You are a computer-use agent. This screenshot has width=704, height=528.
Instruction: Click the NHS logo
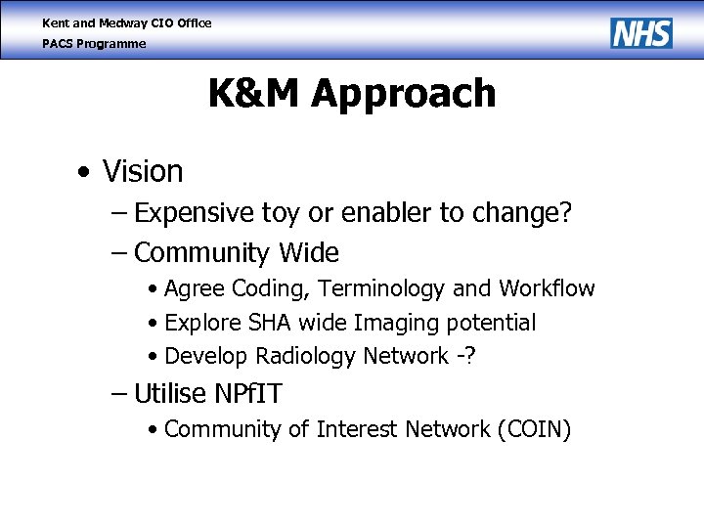click(x=641, y=32)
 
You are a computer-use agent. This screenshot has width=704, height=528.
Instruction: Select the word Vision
click(x=143, y=172)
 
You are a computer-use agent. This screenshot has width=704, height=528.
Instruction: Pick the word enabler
click(x=374, y=213)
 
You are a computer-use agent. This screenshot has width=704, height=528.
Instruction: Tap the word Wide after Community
click(x=309, y=253)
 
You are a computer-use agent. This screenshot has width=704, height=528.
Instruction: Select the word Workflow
click(x=547, y=289)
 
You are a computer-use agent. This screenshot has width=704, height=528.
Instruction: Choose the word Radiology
click(x=310, y=356)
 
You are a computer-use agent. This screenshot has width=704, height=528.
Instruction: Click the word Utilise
click(x=170, y=394)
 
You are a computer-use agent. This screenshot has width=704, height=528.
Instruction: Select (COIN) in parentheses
click(x=534, y=430)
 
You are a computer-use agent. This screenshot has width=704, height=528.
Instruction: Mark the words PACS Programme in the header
click(x=94, y=44)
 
